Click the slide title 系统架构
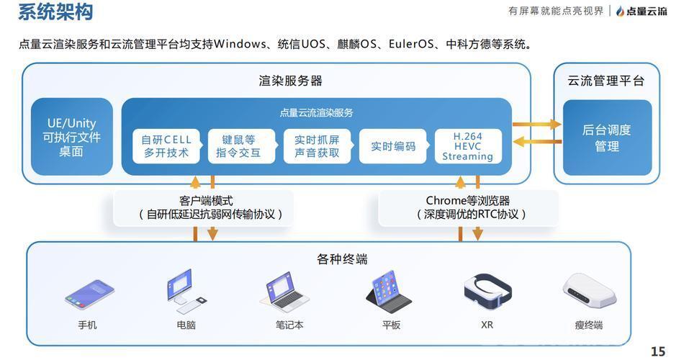[56, 11]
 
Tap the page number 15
[658, 351]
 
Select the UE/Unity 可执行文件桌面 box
[71, 137]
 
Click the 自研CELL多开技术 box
[166, 146]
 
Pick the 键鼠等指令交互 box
[241, 146]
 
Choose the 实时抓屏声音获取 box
[317, 146]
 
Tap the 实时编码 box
[393, 146]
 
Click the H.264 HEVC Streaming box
[468, 146]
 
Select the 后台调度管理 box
[607, 138]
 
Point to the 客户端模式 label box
[203, 208]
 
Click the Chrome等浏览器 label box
[469, 208]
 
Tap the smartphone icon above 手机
[89, 294]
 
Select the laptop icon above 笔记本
[284, 292]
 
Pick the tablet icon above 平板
[389, 292]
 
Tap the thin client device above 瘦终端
[589, 291]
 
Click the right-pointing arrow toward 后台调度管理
[537, 125]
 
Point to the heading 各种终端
[342, 259]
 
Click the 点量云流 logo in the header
[641, 11]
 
